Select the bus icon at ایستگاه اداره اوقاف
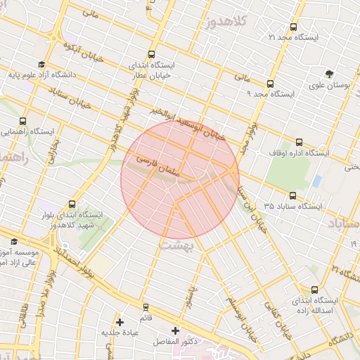tap(300, 141)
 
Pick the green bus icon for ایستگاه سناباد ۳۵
tap(293, 195)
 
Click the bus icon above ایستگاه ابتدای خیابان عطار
tap(153, 54)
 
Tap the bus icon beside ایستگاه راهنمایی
tap(24, 121)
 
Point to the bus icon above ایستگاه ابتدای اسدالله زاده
tap(314, 289)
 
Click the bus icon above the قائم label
tap(146, 307)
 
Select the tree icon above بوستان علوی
tap(329, 73)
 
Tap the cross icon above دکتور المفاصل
tap(175, 330)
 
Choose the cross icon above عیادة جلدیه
tap(120, 321)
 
